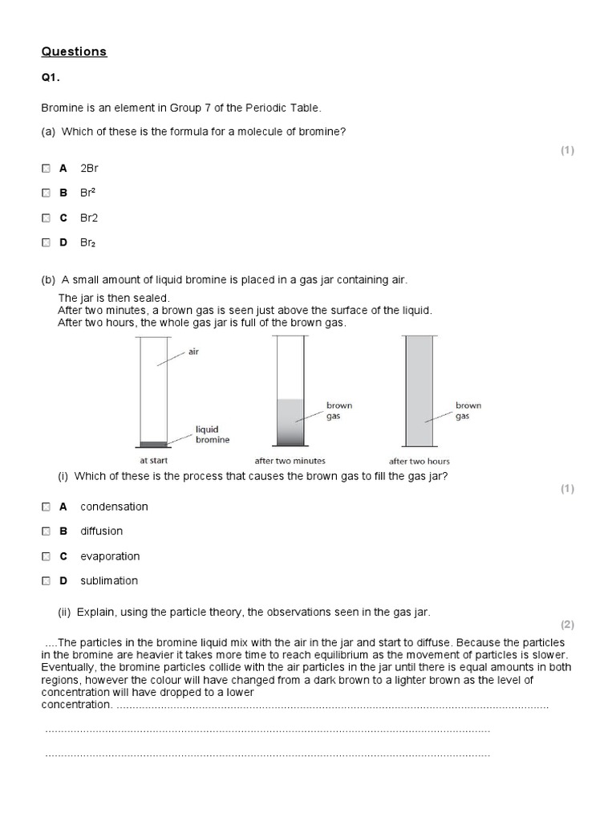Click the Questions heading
click(74, 52)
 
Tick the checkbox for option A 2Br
click(46, 169)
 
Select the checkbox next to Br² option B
click(46, 193)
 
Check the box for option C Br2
click(46, 218)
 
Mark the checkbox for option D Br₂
click(46, 242)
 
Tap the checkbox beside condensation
click(46, 507)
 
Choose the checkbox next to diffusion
click(46, 531)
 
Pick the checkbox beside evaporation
click(46, 556)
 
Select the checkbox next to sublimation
click(46, 580)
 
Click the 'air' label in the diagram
click(193, 352)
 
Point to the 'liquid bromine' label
click(213, 435)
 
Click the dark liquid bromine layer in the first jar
click(153, 444)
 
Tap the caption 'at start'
click(155, 461)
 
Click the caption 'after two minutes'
click(290, 461)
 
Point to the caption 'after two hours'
click(419, 461)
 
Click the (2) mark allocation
click(568, 625)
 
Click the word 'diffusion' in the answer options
click(101, 531)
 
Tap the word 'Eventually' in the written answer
click(67, 668)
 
